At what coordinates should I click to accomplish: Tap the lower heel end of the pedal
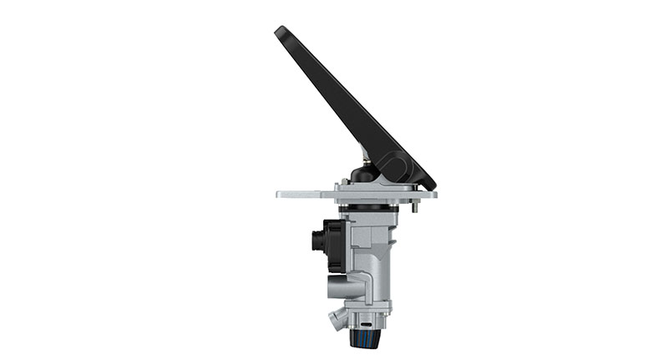click(427, 183)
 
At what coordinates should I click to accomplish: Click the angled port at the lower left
click(336, 318)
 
